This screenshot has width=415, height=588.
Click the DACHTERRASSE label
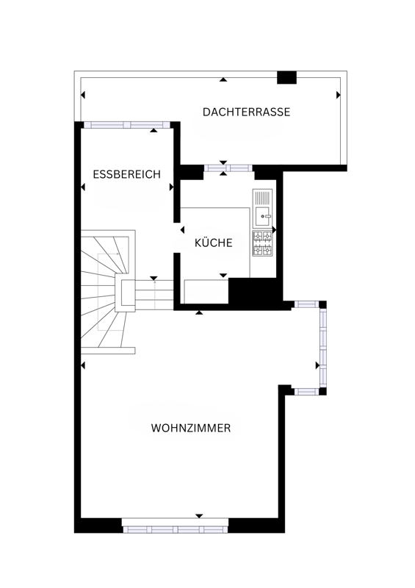point(246,112)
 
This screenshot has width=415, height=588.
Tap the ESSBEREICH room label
point(127,174)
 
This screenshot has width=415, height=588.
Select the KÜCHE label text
point(213,243)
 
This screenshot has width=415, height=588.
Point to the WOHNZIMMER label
point(191,428)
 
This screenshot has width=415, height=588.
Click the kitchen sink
point(262,209)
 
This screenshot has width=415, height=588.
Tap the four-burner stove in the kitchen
point(262,243)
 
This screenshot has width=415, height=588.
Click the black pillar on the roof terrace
point(286,78)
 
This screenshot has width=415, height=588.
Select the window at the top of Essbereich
point(127,125)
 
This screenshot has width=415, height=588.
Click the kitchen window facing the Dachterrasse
point(228,168)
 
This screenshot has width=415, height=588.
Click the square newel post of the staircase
point(126,293)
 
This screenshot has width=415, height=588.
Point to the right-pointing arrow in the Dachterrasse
point(338,95)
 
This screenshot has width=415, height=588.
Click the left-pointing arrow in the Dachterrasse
point(83,95)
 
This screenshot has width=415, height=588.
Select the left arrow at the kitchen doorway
point(183,229)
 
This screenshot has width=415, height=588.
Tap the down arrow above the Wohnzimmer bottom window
point(199,516)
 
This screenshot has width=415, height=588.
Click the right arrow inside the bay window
point(317,365)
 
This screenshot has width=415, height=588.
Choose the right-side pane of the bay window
point(322,348)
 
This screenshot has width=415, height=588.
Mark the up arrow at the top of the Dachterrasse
point(223,79)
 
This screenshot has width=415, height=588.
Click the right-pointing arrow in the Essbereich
point(171,187)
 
